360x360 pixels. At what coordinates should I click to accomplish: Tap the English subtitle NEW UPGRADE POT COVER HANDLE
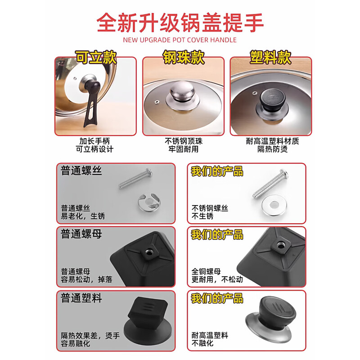tap(180, 40)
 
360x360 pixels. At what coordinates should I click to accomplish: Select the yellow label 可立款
tap(95, 57)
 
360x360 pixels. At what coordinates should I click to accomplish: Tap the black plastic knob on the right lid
tap(270, 100)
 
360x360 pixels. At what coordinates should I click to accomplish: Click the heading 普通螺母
tap(82, 234)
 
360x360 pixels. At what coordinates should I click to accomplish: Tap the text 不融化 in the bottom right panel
tap(202, 343)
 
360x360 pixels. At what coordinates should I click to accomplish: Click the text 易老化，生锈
tap(83, 216)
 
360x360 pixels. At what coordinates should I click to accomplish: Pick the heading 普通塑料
tap(82, 298)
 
